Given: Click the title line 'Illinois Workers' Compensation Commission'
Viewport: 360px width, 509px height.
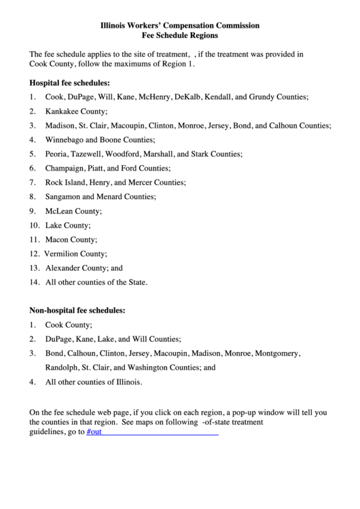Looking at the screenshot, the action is [x=180, y=25].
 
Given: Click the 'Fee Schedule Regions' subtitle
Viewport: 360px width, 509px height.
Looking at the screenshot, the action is [x=180, y=35].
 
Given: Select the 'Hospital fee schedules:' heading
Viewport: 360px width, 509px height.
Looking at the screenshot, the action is [x=69, y=83].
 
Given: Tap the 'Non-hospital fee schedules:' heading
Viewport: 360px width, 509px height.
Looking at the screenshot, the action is [x=77, y=310].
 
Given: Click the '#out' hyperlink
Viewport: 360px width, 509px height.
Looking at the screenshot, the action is [x=94, y=432].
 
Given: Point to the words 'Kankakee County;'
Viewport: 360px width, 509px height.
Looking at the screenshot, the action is [x=77, y=111].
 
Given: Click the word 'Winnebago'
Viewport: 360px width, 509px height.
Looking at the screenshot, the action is [x=63, y=140].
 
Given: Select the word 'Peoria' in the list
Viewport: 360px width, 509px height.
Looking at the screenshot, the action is [x=56, y=154].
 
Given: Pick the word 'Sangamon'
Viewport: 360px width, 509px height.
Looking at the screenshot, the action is [x=62, y=196].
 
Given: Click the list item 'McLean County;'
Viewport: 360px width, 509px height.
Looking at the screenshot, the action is [x=73, y=211].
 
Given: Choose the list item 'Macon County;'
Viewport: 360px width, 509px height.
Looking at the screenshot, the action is [x=71, y=239].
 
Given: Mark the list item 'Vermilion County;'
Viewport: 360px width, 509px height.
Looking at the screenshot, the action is [x=75, y=253].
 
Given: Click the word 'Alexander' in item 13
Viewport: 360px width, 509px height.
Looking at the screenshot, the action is [x=62, y=268].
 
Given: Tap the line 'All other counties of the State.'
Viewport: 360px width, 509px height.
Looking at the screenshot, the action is [x=96, y=282].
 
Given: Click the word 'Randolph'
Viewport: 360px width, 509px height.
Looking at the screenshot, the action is [x=62, y=368].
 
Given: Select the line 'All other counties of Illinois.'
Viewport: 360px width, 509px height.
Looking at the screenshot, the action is [x=94, y=382].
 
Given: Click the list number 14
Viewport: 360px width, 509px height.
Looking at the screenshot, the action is [x=34, y=282].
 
